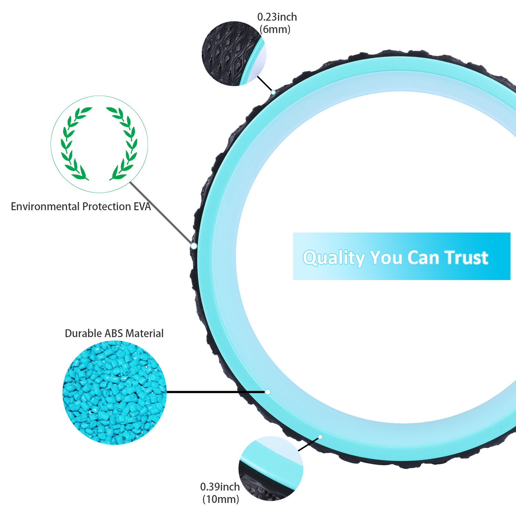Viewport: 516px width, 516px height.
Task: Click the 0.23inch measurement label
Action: point(277,17)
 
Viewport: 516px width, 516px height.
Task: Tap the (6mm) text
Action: point(275,30)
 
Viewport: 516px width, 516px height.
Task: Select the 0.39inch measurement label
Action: point(220,487)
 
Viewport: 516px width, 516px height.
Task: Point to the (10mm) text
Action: point(221,499)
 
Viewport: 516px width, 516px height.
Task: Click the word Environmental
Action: point(45,206)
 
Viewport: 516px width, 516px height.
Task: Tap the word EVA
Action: point(142,206)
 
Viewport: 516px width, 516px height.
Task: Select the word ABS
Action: point(114,333)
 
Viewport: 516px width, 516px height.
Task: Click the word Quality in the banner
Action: point(334,258)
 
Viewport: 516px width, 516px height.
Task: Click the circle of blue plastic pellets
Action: point(115,393)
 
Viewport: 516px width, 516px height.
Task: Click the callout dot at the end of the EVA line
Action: point(194,246)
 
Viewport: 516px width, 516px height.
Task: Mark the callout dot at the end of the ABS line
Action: point(268,392)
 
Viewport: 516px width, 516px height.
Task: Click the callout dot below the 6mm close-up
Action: point(273,92)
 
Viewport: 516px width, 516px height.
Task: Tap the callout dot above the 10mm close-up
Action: point(320,437)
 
